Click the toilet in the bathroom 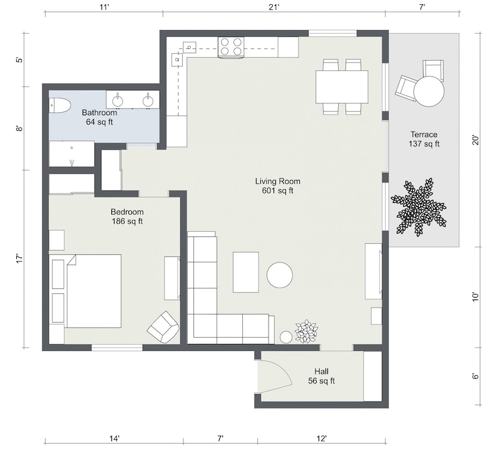click(59, 106)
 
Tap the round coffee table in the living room click(280, 274)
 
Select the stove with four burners click(230, 47)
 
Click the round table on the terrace click(429, 91)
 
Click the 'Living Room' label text click(274, 182)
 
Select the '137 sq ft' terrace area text click(424, 144)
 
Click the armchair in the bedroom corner click(163, 326)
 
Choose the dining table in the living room click(342, 87)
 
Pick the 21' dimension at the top click(274, 7)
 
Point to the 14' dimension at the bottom click(115, 439)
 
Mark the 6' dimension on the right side click(476, 376)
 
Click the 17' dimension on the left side click(19, 258)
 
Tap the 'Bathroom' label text click(100, 113)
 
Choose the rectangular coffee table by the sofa click(245, 272)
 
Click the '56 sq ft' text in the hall click(321, 381)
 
